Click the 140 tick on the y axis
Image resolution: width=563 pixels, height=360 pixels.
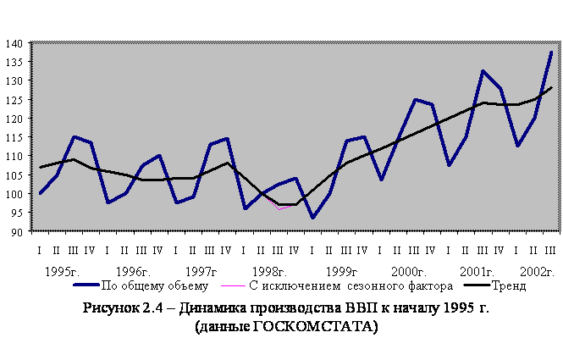14,43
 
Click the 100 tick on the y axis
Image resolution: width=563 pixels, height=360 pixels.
14,193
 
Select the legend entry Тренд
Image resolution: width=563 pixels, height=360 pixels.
507,285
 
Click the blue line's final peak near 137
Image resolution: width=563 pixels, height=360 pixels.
551,53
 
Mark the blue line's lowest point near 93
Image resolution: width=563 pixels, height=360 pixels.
312,218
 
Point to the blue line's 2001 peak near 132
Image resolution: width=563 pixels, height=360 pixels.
483,71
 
